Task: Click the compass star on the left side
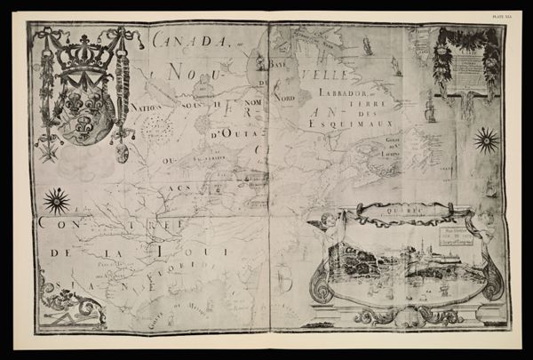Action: point(57,201)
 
